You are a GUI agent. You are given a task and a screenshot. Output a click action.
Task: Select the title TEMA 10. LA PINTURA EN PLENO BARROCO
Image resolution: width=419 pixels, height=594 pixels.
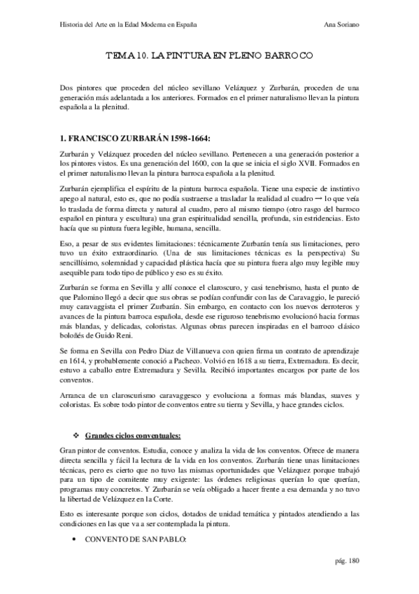[209, 54]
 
